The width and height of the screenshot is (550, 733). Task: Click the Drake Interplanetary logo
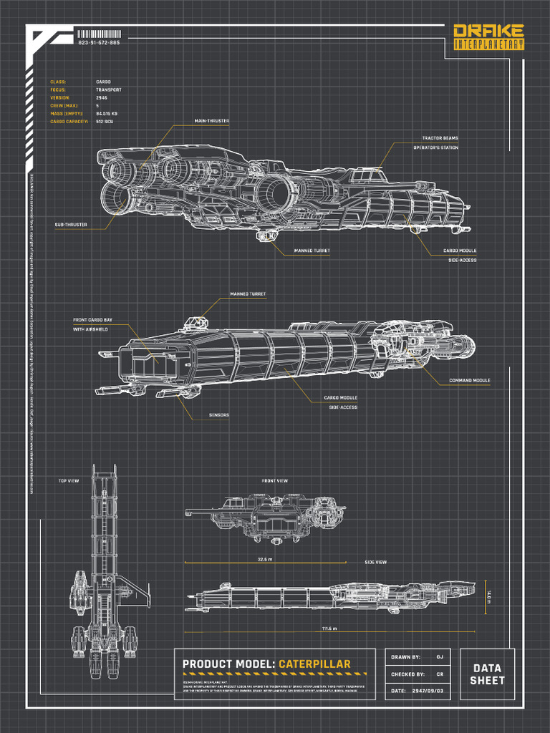tap(489, 37)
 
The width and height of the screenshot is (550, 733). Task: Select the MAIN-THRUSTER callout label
tap(212, 122)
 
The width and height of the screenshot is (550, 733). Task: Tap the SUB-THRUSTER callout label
tap(71, 225)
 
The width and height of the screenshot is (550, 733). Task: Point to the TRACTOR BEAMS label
tap(440, 138)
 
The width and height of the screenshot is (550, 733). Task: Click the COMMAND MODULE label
tap(470, 380)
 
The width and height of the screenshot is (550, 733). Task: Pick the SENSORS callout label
tap(219, 415)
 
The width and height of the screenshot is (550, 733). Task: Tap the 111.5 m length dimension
tap(329, 628)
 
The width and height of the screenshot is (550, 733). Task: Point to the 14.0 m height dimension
tap(489, 596)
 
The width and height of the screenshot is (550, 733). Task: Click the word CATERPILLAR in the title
tap(315, 664)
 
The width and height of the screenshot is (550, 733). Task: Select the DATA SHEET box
tap(487, 674)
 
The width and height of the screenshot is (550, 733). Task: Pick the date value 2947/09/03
tap(428, 691)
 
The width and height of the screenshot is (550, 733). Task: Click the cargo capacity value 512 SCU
tap(105, 122)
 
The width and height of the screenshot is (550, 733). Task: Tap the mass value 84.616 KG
tap(107, 114)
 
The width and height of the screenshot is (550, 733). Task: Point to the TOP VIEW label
tap(69, 481)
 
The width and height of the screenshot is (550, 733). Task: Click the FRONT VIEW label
tap(275, 481)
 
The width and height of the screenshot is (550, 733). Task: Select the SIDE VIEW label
tap(375, 563)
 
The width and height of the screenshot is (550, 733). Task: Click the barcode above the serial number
tap(98, 34)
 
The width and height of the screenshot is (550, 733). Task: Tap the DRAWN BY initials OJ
tap(440, 657)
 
